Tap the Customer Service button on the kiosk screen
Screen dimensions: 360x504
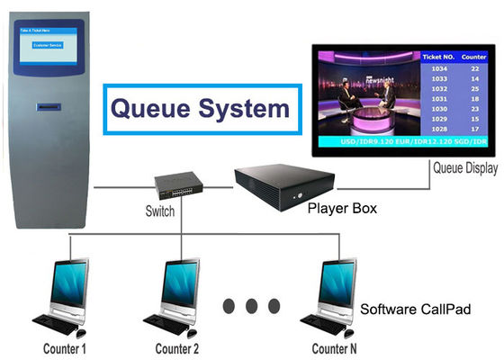[x=50, y=43]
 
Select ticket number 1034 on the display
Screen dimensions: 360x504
[x=438, y=69]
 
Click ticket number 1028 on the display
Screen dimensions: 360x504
[x=438, y=129]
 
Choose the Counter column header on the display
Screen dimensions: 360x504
[x=474, y=56]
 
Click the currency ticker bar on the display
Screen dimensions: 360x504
[x=405, y=142]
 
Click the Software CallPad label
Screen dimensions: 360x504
[x=416, y=309]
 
